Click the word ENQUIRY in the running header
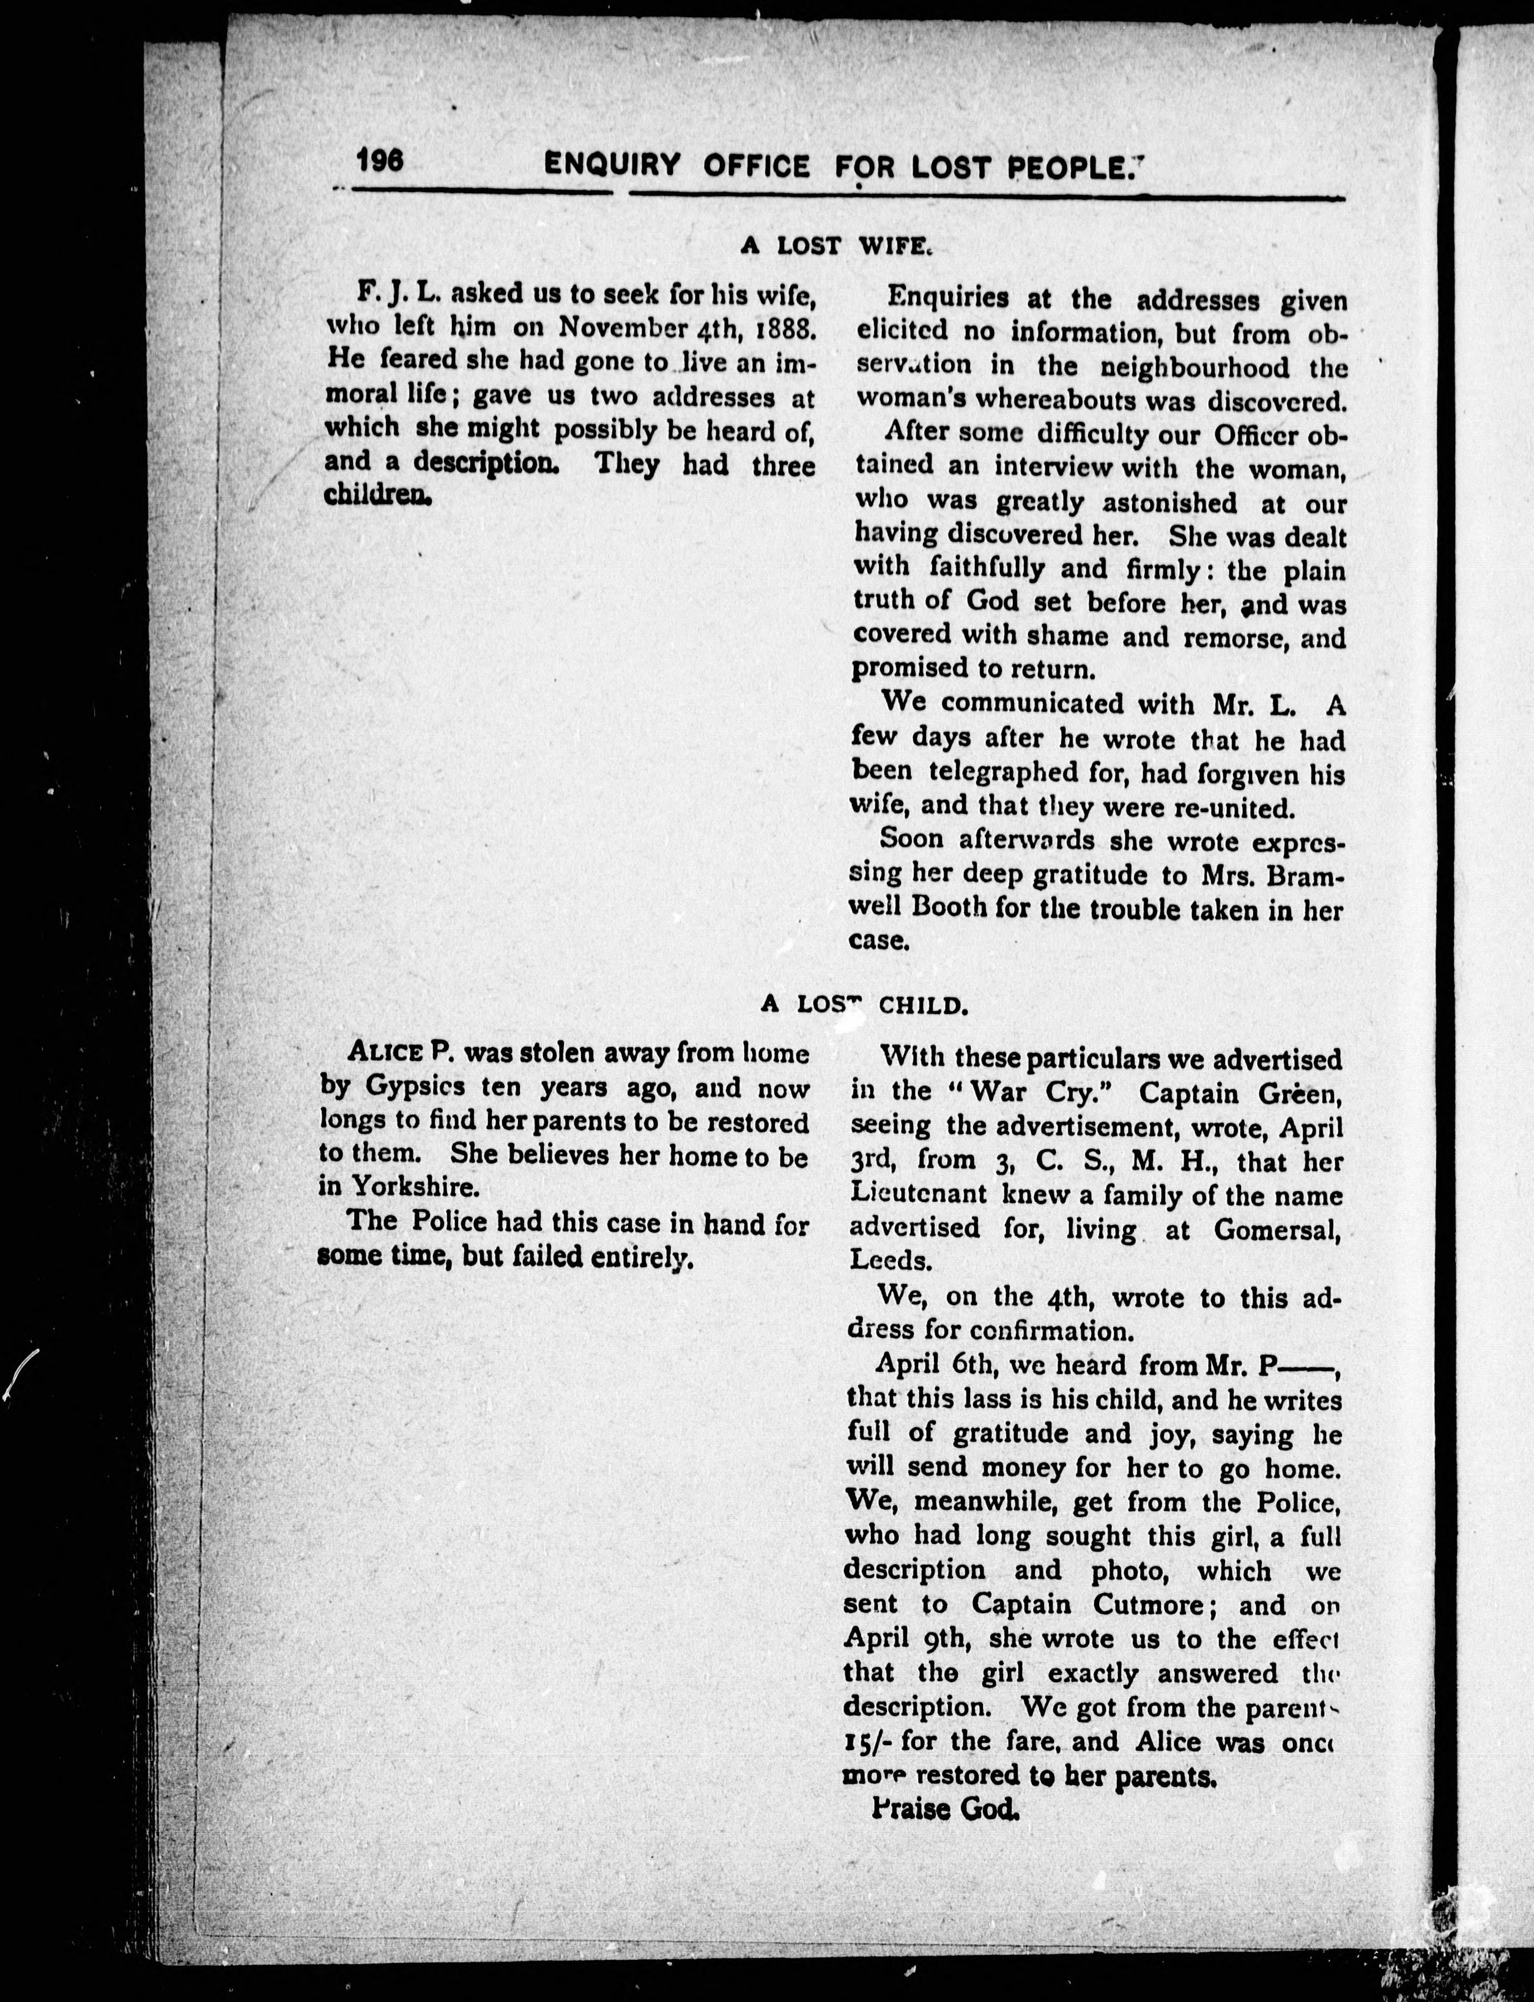click(612, 165)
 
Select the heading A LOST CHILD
click(863, 1005)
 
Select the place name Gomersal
click(1276, 1230)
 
